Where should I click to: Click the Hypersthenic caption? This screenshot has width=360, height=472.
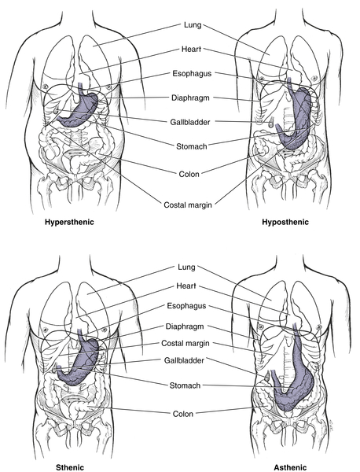[69, 222]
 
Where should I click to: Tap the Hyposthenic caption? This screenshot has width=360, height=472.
[285, 222]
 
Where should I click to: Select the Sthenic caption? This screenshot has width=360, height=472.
[70, 467]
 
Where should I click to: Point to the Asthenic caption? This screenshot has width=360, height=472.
[290, 467]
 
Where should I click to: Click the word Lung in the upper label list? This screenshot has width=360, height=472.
[193, 24]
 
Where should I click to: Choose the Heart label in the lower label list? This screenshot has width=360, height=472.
[186, 286]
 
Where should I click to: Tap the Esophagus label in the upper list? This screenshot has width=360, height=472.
[192, 73]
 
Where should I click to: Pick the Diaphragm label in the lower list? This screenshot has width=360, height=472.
[185, 326]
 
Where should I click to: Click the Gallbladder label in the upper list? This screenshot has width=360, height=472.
[190, 122]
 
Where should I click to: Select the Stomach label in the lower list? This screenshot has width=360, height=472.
[185, 385]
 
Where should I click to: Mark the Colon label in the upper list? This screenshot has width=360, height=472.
[189, 174]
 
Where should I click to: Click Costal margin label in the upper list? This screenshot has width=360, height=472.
[188, 205]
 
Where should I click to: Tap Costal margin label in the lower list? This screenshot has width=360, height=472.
[186, 343]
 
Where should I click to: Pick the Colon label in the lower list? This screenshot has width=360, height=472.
[183, 414]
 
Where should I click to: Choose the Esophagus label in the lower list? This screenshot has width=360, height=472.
[186, 306]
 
